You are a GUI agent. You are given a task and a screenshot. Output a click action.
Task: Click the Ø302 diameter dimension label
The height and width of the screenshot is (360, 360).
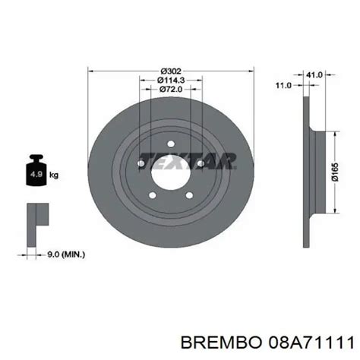click(x=171, y=71)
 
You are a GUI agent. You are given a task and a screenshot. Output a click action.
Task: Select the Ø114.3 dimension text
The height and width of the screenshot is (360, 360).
click(x=171, y=81)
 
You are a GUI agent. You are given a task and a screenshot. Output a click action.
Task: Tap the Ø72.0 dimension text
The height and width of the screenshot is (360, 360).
click(x=171, y=89)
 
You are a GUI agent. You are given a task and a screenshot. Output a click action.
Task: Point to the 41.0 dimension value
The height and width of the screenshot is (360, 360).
click(x=314, y=74)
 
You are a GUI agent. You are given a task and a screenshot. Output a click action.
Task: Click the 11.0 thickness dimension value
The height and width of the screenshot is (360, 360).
click(x=284, y=86)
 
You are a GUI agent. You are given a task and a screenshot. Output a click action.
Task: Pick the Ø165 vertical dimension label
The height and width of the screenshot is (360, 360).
click(x=335, y=172)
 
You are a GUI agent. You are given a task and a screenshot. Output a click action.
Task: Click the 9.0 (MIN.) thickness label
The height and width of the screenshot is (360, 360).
click(x=66, y=254)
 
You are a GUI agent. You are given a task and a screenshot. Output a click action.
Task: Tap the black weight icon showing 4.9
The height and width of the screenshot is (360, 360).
click(x=36, y=170)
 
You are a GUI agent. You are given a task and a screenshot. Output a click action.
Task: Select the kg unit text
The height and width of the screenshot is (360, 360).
click(x=54, y=175)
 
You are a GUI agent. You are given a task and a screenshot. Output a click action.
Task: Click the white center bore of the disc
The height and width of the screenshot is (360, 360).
click(x=171, y=175)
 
